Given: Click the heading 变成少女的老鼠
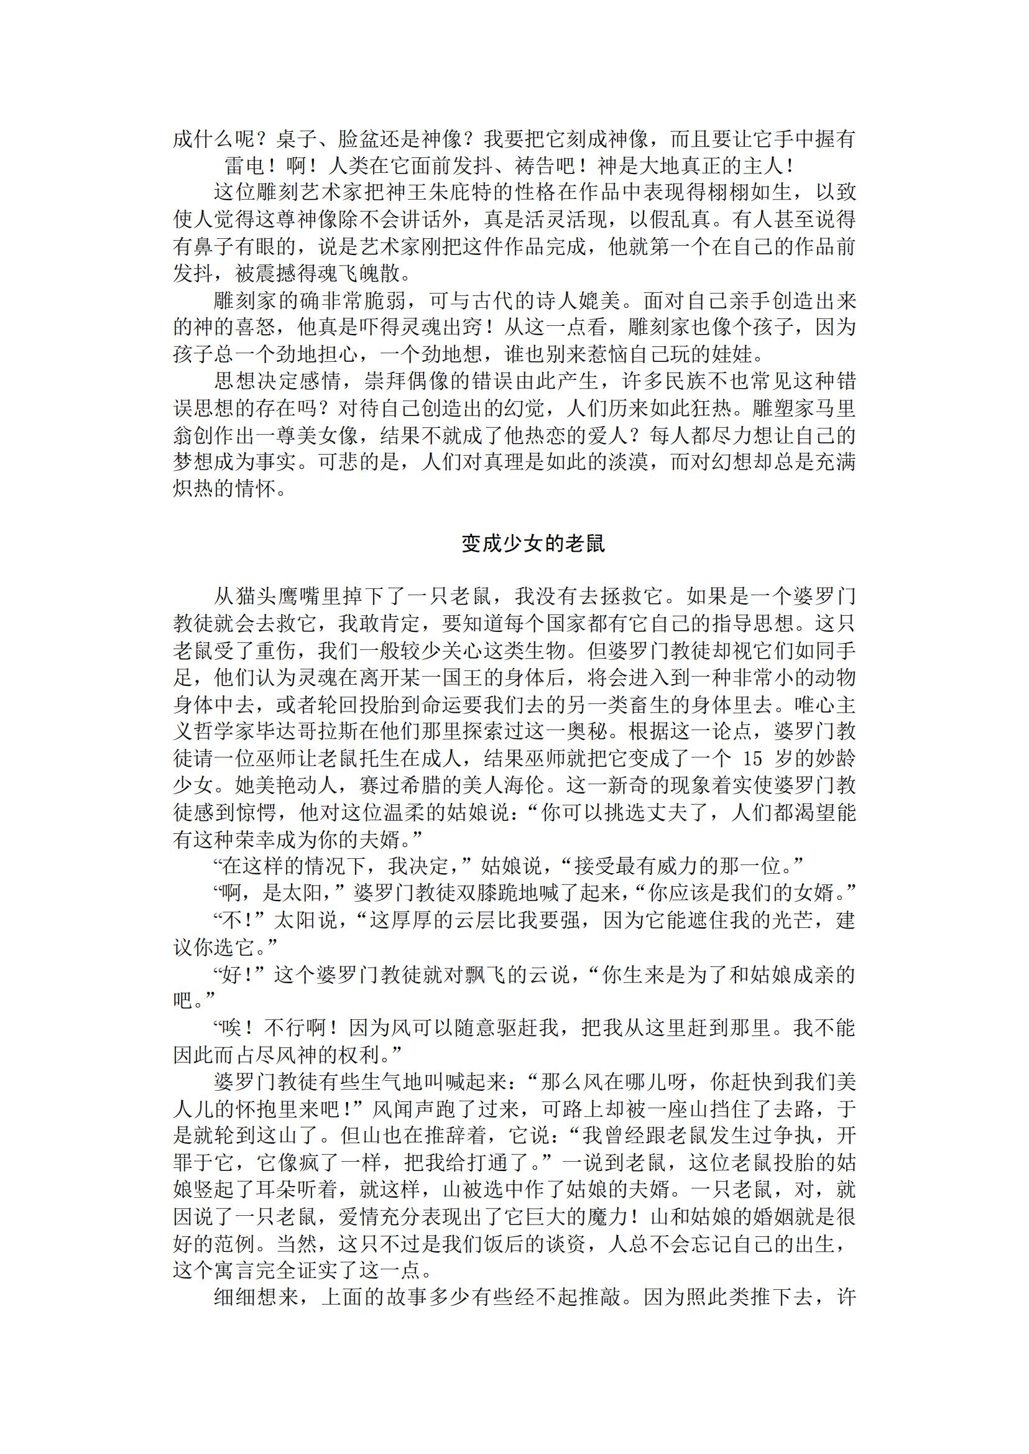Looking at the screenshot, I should (533, 543).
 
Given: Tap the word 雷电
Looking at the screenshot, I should (244, 165).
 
